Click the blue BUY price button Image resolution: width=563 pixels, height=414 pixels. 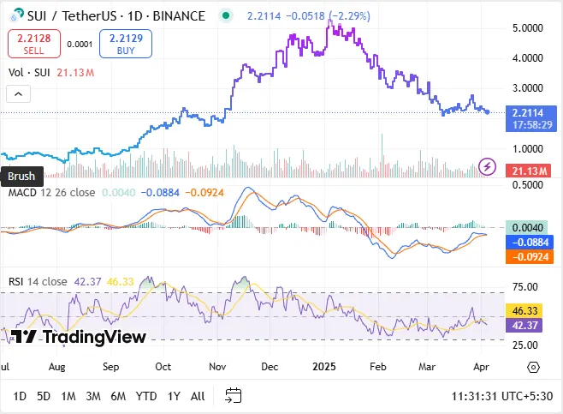(x=126, y=43)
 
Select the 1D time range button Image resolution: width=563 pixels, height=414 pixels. (x=20, y=395)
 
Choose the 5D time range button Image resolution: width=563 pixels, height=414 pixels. (x=44, y=395)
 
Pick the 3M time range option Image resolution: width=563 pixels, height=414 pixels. (x=93, y=395)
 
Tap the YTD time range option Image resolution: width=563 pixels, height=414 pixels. (x=146, y=395)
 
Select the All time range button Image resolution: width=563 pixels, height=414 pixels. (x=198, y=395)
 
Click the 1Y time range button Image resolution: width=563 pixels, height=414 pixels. (x=174, y=395)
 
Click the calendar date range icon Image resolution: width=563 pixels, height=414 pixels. (x=233, y=395)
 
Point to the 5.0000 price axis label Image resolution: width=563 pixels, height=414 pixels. (x=528, y=27)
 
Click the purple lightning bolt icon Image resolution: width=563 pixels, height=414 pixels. (x=488, y=165)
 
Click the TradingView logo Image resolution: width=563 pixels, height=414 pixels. (x=79, y=337)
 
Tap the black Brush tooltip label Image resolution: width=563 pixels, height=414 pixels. (x=21, y=177)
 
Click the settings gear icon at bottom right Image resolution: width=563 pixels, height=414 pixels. (x=533, y=366)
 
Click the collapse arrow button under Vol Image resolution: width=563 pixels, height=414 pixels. (x=19, y=94)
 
